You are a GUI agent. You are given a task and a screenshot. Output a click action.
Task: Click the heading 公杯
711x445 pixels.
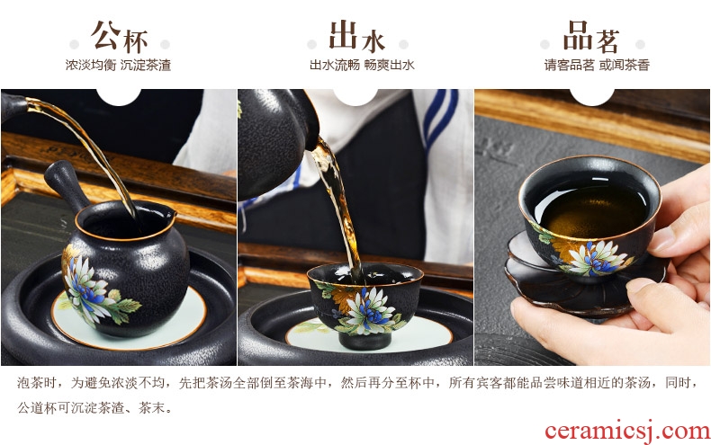point(120,36)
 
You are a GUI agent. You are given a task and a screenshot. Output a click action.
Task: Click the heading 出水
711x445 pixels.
point(357,36)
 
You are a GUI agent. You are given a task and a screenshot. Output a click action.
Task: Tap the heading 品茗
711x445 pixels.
point(591,36)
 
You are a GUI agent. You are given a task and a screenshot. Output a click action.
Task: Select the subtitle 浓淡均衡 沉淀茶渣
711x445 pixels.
point(118,65)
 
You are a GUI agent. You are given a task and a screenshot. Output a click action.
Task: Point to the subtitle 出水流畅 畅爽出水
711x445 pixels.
point(362,65)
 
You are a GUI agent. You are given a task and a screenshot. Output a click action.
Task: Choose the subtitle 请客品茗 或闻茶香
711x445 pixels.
point(597,65)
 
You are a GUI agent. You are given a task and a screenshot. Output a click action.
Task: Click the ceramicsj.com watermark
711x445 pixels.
point(627,431)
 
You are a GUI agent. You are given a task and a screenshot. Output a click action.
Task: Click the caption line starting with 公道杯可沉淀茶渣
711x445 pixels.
point(95,407)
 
